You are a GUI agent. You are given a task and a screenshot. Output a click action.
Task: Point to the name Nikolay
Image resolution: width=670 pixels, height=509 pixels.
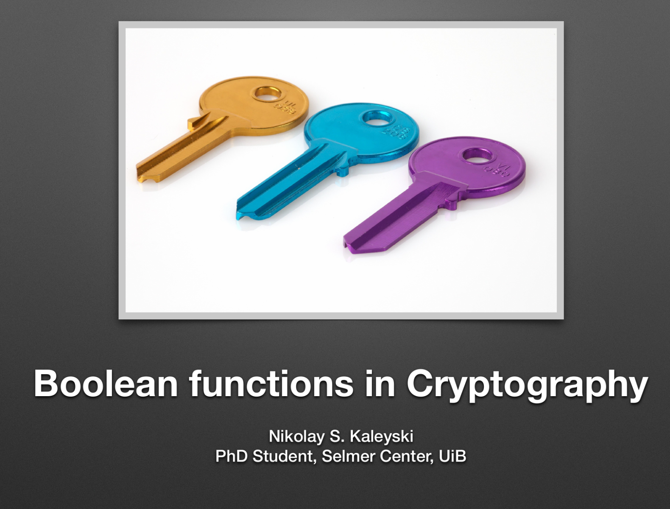[293, 436]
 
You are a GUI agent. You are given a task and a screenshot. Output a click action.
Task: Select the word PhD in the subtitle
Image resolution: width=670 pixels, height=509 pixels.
[232, 456]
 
